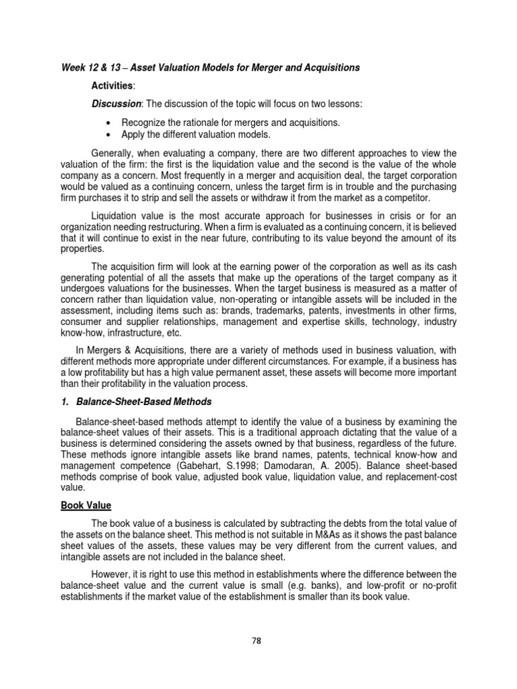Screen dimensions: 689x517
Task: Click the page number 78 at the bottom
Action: (255, 641)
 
